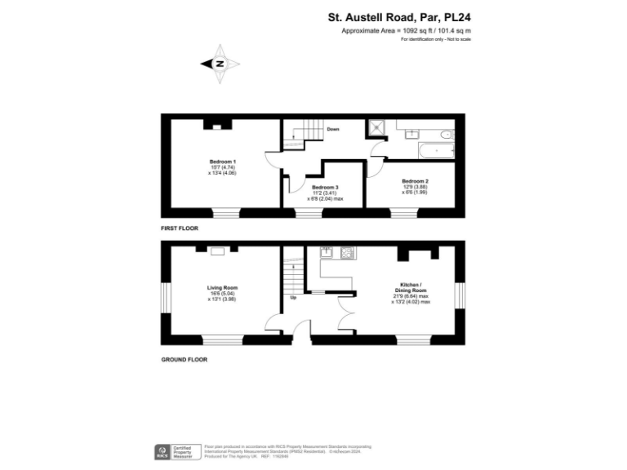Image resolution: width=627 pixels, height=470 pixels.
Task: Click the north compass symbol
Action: click(220, 64)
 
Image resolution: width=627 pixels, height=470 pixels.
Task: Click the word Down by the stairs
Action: click(333, 129)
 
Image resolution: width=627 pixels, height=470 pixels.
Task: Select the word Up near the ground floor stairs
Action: click(293, 297)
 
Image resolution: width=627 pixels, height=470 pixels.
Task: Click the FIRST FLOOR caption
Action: click(180, 229)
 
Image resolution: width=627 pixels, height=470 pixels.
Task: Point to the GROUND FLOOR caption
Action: click(185, 359)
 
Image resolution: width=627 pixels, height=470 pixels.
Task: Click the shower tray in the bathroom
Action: click(376, 128)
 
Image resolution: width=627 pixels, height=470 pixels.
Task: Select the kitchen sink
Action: click(326, 253)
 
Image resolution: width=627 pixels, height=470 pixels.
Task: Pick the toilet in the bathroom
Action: click(443, 133)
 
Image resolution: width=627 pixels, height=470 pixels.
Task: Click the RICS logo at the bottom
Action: click(162, 450)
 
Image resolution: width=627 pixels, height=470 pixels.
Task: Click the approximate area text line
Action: click(407, 30)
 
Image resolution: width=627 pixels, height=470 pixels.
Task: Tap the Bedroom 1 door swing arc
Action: click(271, 158)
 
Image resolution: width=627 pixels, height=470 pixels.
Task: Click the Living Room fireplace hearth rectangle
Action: click(217, 251)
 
